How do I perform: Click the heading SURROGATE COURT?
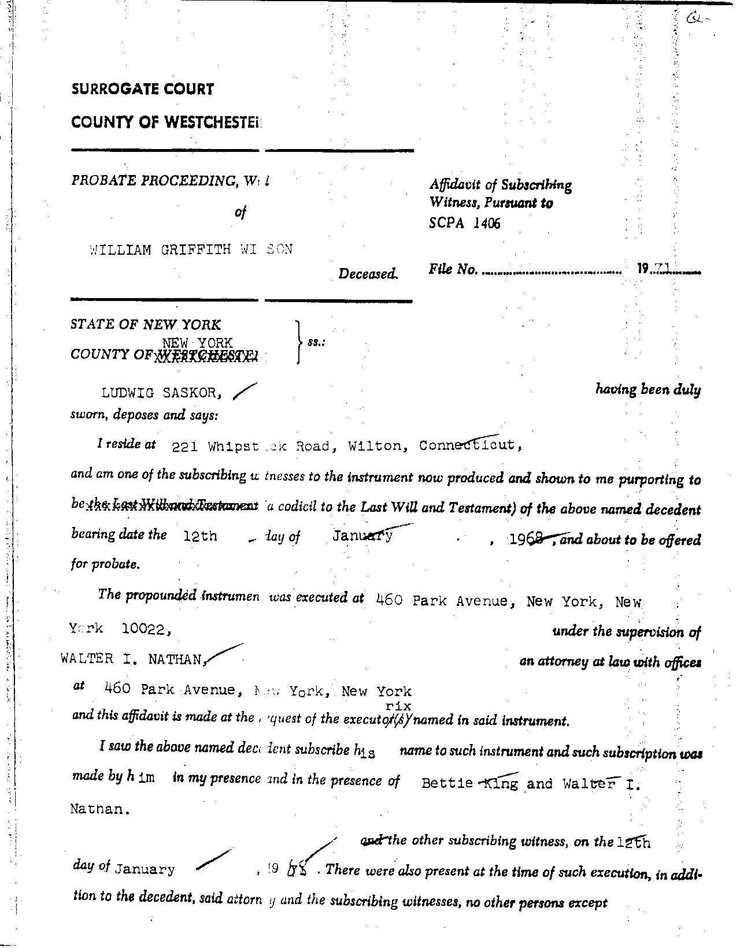pos(142,89)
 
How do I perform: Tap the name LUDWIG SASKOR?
pos(161,393)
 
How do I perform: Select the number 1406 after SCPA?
pos(486,223)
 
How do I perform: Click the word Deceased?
pos(368,273)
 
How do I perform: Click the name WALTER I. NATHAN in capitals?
pos(132,659)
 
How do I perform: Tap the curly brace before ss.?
pos(298,341)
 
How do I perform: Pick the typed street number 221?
pos(185,447)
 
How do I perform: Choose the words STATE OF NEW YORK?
pos(146,325)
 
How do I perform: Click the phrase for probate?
pos(105,564)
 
